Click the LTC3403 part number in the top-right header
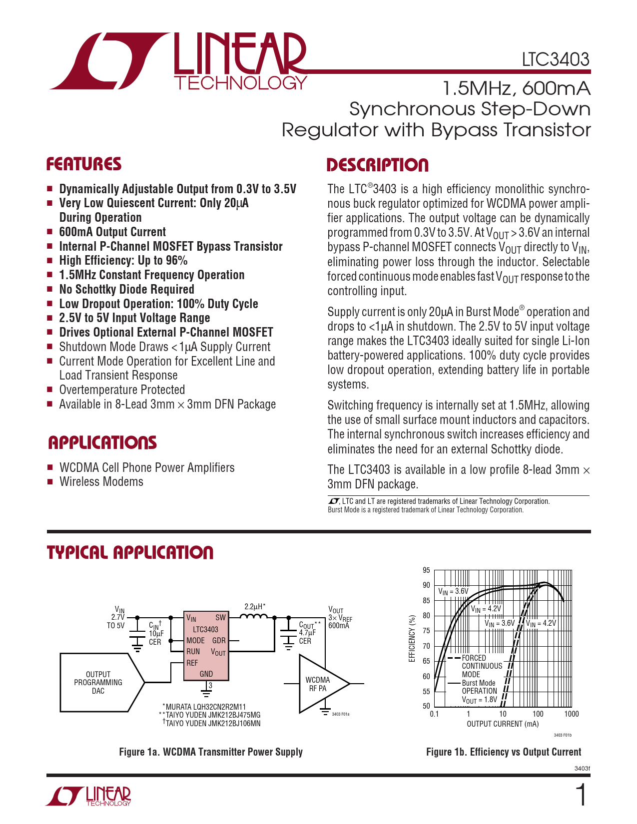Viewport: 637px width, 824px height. pos(556,59)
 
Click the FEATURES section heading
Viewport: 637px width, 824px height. pos(84,164)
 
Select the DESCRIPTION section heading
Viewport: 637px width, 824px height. pos(378,165)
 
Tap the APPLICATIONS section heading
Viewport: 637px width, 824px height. pos(102,443)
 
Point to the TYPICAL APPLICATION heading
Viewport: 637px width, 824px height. pos(130,552)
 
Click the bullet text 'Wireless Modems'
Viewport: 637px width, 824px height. pos(101,481)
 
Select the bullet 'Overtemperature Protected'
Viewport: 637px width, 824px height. pos(122,390)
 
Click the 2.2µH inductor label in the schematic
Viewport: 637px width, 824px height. pos(255,607)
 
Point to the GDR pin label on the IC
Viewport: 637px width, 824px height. pos(219,640)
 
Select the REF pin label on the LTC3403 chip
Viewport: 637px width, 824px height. pos(192,663)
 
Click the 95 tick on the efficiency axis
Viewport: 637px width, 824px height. pos(427,570)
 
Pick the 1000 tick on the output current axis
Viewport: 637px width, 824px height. pos(572,714)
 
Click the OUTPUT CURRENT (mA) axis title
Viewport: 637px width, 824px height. pos(503,724)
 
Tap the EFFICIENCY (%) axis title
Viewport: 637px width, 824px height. pos(412,639)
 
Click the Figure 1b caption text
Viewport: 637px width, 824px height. pos(504,752)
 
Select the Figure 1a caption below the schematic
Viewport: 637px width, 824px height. pos(211,752)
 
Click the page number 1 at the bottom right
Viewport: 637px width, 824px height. pos(581,795)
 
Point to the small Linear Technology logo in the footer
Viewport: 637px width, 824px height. pos(88,796)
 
